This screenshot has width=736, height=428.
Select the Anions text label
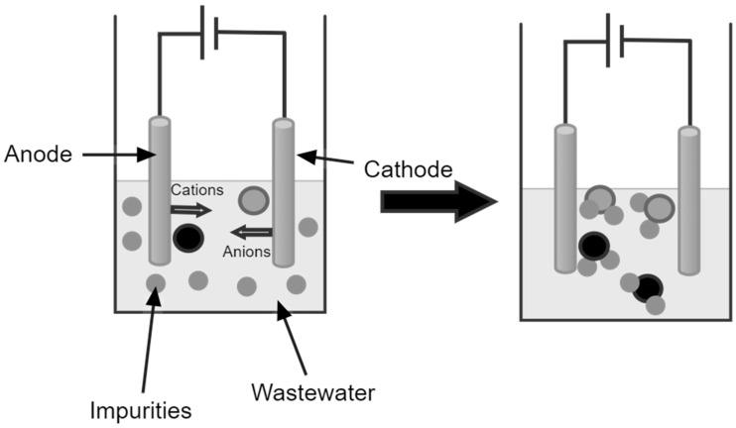click(x=245, y=252)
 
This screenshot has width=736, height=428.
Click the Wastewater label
click(x=312, y=393)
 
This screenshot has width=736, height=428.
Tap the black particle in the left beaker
click(x=187, y=238)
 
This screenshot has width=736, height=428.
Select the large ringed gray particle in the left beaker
click(x=254, y=201)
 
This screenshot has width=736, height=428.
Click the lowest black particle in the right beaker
click(x=648, y=287)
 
